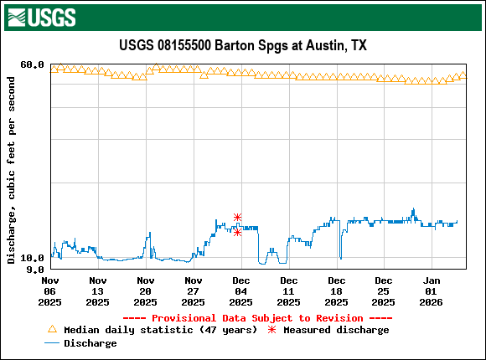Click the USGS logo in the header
click(41, 16)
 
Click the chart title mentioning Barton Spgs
click(242, 45)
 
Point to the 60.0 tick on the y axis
click(32, 64)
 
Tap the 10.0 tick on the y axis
click(32, 258)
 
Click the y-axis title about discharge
click(11, 170)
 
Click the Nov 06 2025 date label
click(50, 291)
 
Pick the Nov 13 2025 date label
click(98, 291)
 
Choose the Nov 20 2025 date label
click(146, 291)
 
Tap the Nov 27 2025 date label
click(194, 291)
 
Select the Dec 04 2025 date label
click(241, 291)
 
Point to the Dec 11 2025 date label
click(289, 291)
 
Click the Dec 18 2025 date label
click(337, 291)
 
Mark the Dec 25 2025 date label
click(384, 291)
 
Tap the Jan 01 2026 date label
click(432, 291)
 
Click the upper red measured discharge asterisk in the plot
click(238, 217)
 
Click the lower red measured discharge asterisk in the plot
click(238, 232)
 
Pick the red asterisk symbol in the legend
click(271, 330)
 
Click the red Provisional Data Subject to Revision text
click(257, 318)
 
